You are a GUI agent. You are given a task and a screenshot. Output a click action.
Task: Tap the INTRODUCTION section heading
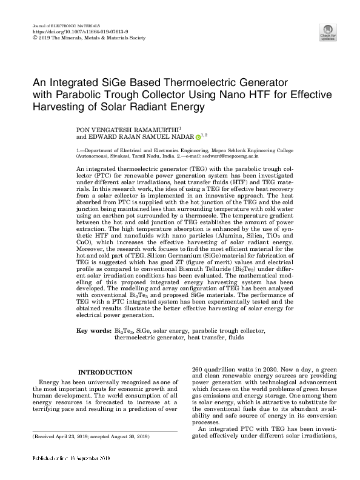click(105, 372)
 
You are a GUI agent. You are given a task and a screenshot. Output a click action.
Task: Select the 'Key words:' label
click(93, 331)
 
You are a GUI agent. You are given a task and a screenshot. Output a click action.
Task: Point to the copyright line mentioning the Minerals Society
click(88, 38)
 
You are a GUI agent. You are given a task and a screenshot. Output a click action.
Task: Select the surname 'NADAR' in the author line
click(179, 137)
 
